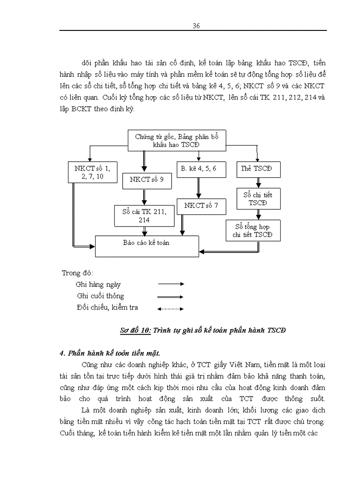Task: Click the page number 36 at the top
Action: pyautogui.click(x=197, y=26)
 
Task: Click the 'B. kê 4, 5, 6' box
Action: pyautogui.click(x=198, y=168)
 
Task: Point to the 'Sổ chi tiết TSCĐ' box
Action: pyautogui.click(x=258, y=199)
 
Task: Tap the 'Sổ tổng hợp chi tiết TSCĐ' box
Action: pyautogui.click(x=253, y=231)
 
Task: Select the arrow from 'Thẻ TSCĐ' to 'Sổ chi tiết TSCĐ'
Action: pyautogui.click(x=258, y=182)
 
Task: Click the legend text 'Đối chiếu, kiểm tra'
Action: pyautogui.click(x=107, y=308)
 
